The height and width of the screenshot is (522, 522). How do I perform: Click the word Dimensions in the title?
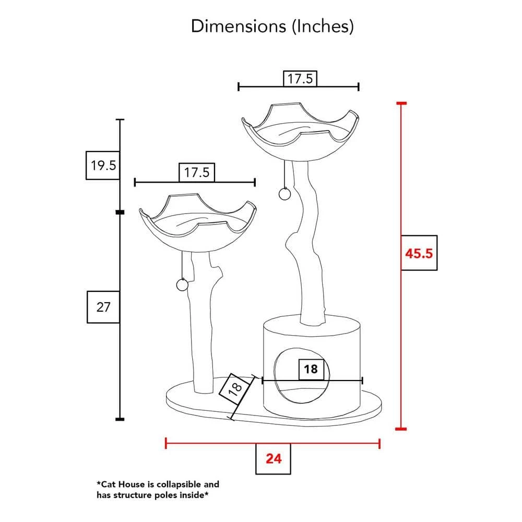pyautogui.click(x=239, y=26)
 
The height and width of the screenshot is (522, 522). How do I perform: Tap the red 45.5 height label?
pyautogui.click(x=419, y=253)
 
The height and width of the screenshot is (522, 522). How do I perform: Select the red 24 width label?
pyautogui.click(x=274, y=459)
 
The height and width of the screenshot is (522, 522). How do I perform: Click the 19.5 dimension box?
pyautogui.click(x=103, y=165)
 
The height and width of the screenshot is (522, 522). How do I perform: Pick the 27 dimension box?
pyautogui.click(x=103, y=307)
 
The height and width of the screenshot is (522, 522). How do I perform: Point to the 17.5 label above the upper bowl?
pyautogui.click(x=300, y=79)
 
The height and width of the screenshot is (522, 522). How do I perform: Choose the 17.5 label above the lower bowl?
pyautogui.click(x=197, y=172)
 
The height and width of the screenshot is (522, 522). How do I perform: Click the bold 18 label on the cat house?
pyautogui.click(x=311, y=369)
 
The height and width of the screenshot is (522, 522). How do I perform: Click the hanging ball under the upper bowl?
pyautogui.click(x=284, y=194)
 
